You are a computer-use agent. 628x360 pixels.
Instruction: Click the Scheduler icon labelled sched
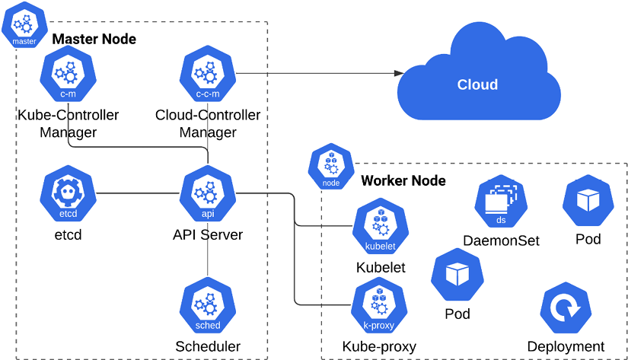pyautogui.click(x=208, y=306)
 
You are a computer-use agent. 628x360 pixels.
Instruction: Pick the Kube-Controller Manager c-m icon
pyautogui.click(x=69, y=75)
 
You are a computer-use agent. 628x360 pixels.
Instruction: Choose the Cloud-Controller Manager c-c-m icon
pyautogui.click(x=208, y=75)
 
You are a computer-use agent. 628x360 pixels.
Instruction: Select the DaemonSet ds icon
pyautogui.click(x=501, y=202)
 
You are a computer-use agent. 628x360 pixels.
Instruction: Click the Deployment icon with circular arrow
pyautogui.click(x=566, y=309)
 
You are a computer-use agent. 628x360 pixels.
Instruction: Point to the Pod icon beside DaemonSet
pyautogui.click(x=588, y=200)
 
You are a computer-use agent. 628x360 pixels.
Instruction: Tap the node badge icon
pyautogui.click(x=331, y=169)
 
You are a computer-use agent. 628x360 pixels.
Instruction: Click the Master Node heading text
pyautogui.click(x=94, y=39)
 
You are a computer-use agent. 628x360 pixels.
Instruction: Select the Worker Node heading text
pyautogui.click(x=403, y=181)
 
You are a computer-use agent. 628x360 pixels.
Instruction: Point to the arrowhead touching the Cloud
pyautogui.click(x=398, y=73)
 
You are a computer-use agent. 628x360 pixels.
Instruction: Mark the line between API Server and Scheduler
pyautogui.click(x=208, y=259)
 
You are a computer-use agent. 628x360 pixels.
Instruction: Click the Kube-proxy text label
pyautogui.click(x=379, y=346)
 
